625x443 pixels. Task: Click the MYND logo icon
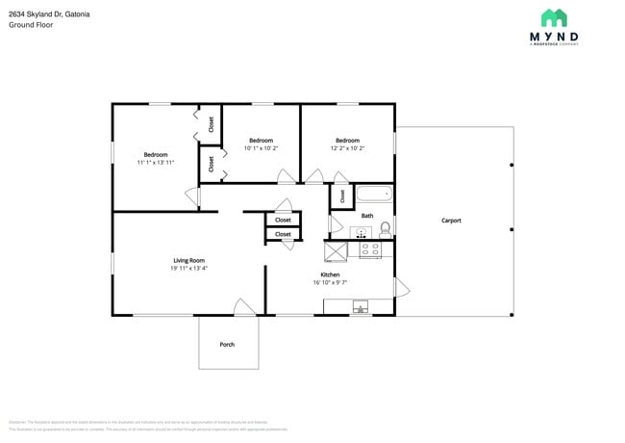point(553,17)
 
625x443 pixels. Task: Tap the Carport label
point(451,221)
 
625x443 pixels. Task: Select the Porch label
point(227,344)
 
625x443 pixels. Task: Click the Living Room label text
point(188,260)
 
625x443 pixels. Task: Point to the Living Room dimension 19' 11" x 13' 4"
point(188,269)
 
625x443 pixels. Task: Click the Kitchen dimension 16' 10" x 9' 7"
point(330,283)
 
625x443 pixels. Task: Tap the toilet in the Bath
point(386,229)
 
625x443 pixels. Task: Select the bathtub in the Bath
point(375,195)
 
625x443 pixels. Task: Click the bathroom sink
point(362,232)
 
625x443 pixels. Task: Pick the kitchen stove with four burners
point(370,249)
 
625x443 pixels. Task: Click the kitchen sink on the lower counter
point(361,307)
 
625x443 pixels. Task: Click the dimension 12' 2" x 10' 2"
point(347,148)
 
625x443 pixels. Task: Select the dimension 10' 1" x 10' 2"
point(261,148)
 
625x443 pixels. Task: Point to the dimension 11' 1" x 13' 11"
point(156,163)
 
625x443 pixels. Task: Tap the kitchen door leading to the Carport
point(401,287)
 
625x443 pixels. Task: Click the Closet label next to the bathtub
point(342,195)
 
